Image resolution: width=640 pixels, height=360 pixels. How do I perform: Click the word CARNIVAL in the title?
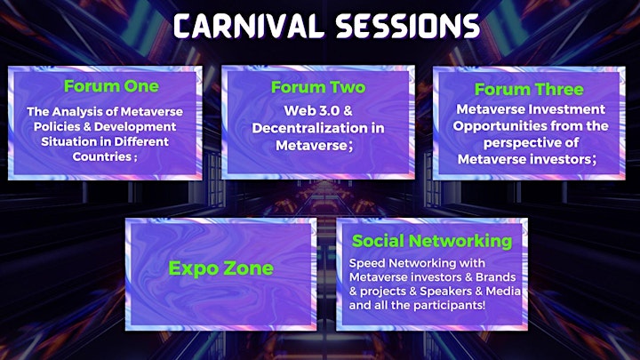249,27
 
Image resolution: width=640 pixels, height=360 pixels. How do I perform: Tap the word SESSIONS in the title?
407,27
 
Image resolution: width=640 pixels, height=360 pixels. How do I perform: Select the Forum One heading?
111,86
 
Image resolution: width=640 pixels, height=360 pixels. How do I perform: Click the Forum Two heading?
318,87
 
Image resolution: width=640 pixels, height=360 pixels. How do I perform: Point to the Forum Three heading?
529,90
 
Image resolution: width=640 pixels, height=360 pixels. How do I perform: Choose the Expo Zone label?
220,268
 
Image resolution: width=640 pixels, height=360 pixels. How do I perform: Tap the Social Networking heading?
432,241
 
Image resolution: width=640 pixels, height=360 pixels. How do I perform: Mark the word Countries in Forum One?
102,156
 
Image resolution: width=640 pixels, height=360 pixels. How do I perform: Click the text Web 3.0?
307,110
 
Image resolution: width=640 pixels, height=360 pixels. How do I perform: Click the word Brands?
495,277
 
